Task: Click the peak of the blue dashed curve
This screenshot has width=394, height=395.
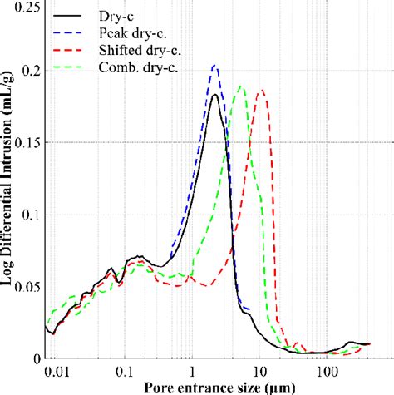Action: point(215,65)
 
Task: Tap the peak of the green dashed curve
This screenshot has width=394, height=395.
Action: point(240,86)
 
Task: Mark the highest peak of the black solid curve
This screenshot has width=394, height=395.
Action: point(214,95)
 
